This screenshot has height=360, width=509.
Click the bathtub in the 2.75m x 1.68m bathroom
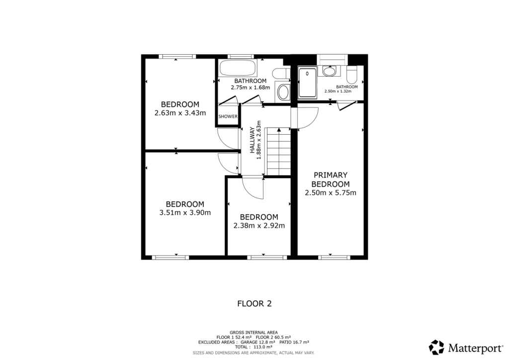point(237,68)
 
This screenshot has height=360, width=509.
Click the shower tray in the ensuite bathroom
point(308,82)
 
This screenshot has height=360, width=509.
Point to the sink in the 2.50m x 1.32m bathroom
point(329,71)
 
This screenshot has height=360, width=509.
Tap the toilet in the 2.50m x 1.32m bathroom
point(352,76)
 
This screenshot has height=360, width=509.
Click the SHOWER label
point(228,117)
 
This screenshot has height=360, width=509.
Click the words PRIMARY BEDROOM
point(330,180)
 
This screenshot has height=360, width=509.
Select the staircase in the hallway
point(278,152)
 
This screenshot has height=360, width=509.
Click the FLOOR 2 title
point(254,303)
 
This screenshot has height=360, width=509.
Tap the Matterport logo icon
point(436,347)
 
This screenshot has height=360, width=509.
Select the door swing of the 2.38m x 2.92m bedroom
point(254,188)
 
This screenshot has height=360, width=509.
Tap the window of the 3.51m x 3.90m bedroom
point(170,257)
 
